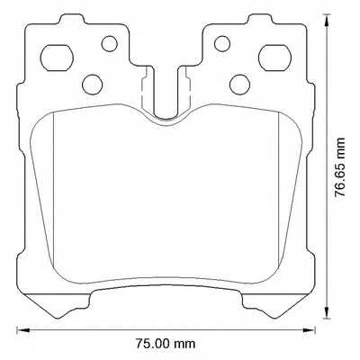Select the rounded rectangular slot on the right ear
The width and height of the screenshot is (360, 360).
pos(271,58)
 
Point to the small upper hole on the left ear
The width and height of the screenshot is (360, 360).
pos(110,42)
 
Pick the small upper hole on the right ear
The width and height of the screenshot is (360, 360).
pos(220,42)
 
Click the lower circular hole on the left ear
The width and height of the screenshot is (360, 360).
pos(92,84)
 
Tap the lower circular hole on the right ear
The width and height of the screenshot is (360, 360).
pos(238,84)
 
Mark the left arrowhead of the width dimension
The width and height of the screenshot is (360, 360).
pos(20,329)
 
